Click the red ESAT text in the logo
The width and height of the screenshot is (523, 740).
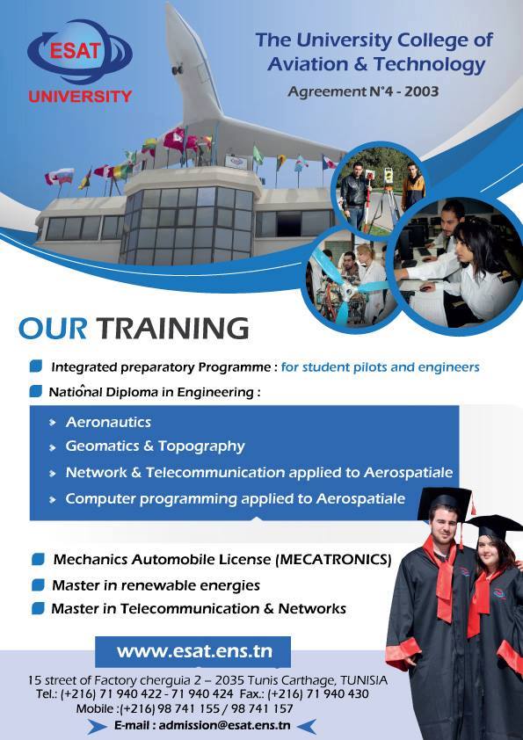(75, 50)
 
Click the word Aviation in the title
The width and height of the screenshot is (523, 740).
(309, 64)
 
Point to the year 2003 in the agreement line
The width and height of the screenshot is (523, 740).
(421, 91)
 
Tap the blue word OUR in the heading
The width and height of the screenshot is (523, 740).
(53, 329)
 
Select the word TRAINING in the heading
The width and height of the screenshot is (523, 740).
(173, 329)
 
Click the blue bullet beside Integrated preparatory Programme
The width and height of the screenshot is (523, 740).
(36, 366)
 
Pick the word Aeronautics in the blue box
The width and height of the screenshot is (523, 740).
(109, 422)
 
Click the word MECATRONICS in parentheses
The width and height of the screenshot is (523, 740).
(333, 560)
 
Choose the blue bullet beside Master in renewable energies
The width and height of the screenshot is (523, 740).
(38, 585)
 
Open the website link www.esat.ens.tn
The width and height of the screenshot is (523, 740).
(194, 652)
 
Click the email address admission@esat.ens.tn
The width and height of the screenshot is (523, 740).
(224, 725)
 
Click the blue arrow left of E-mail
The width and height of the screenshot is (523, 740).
(97, 726)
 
